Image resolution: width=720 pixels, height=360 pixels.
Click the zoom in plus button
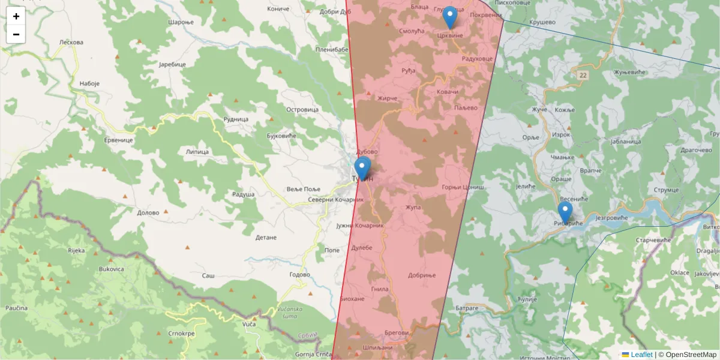tap(16, 16)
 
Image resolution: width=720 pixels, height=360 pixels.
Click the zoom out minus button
tap(16, 34)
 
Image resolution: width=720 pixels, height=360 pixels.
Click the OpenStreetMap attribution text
tap(691, 355)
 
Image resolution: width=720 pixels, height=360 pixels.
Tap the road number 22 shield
tap(583, 76)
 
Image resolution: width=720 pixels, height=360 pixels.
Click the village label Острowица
tap(302, 110)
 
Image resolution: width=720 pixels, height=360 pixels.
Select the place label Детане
tap(266, 238)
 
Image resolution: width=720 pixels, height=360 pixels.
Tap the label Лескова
tap(71, 43)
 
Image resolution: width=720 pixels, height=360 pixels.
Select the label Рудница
tap(236, 119)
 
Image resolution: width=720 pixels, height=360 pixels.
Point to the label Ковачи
tap(448, 91)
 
